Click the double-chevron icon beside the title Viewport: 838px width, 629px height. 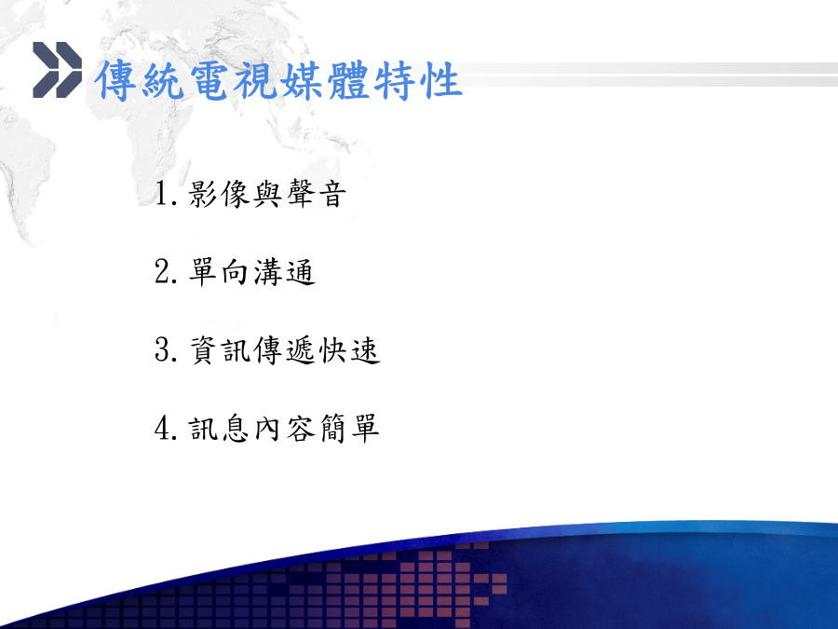tap(57, 70)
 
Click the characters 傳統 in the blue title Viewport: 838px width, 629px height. tap(140, 80)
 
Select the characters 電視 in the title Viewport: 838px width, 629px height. tap(232, 80)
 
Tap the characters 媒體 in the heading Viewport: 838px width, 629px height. tap(324, 80)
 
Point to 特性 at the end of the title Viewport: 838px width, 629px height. tap(417, 80)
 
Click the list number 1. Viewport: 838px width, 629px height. tap(166, 194)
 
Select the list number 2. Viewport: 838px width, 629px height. tap(166, 272)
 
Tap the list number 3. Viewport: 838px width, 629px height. tap(166, 349)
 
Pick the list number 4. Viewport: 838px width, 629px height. tap(166, 429)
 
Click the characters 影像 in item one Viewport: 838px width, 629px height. tap(219, 194)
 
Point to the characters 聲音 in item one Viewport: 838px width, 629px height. tap(317, 194)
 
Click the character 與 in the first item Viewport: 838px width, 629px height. tap(268, 194)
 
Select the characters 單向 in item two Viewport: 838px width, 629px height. tap(219, 272)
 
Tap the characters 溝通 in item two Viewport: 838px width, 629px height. tap(284, 272)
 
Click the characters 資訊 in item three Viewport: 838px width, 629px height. tap(219, 349)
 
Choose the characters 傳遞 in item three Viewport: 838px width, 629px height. tap(284, 349)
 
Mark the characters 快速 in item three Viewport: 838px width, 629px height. tap(349, 349)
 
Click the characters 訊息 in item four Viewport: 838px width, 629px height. tap(219, 429)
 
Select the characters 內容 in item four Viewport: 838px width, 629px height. tap(284, 429)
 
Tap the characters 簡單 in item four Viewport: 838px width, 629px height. tap(349, 429)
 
